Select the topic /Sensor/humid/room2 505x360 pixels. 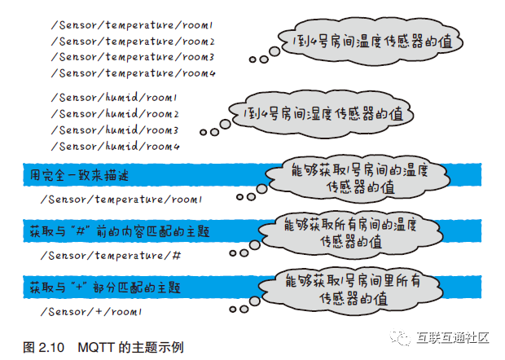(x=114, y=114)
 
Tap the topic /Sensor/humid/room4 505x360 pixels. (x=114, y=146)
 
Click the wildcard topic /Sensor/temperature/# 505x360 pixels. (x=109, y=256)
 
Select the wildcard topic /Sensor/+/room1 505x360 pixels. (x=91, y=312)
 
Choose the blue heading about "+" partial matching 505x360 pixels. (x=105, y=288)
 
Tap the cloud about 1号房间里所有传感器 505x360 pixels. (x=358, y=289)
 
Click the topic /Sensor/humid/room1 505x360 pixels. (x=114, y=98)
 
